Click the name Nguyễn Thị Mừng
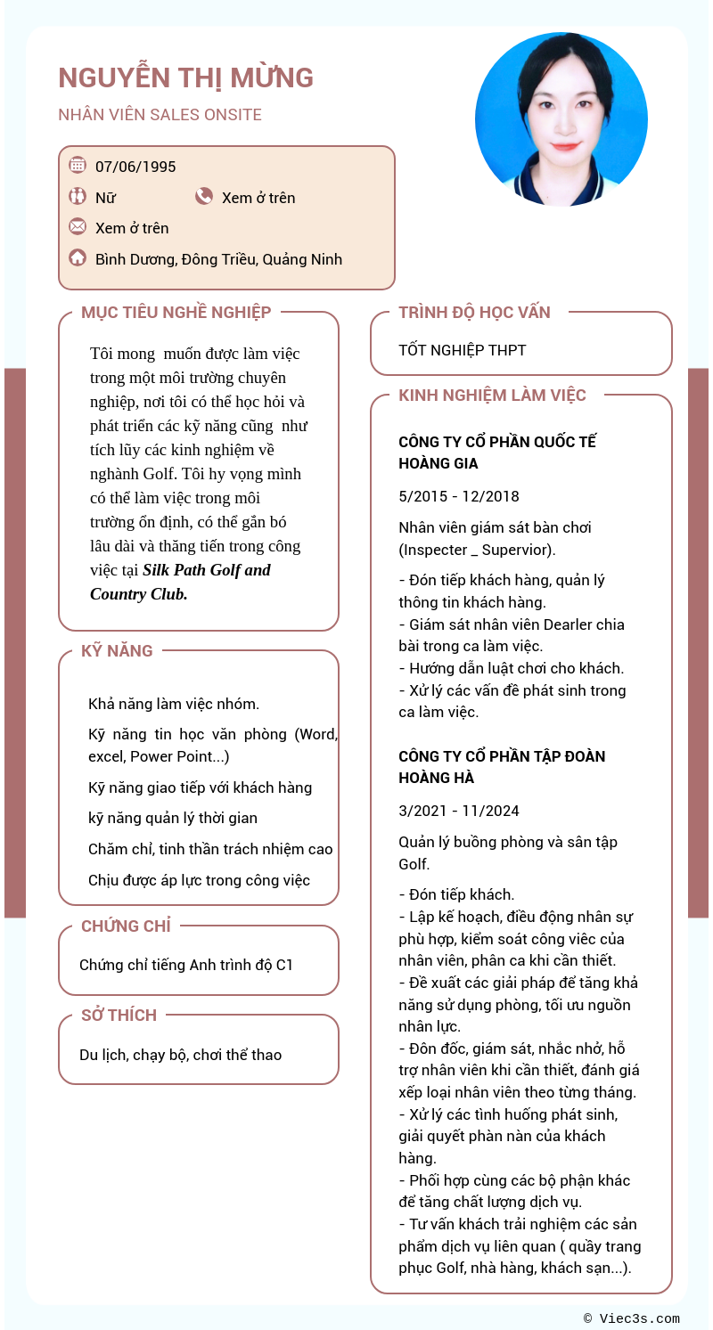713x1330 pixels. click(185, 78)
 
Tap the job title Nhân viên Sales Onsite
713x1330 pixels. click(160, 115)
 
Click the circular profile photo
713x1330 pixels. click(561, 119)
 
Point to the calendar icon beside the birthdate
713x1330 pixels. click(78, 165)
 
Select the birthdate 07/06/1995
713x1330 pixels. click(135, 167)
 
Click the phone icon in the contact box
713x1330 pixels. click(204, 196)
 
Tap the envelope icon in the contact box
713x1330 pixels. click(78, 226)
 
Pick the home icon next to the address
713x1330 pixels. click(78, 258)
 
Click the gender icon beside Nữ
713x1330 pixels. click(78, 196)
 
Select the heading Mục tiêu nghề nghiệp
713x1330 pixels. click(176, 312)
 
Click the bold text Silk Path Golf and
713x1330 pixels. click(207, 570)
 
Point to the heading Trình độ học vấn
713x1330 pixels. click(474, 312)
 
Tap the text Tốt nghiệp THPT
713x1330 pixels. click(462, 350)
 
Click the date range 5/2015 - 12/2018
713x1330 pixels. click(458, 496)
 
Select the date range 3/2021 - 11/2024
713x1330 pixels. click(458, 811)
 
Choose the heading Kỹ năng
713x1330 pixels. click(117, 650)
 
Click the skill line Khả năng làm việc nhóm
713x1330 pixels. click(174, 704)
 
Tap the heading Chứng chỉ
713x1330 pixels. click(126, 926)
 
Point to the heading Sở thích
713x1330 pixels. click(119, 1015)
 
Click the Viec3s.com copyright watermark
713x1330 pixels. click(632, 1318)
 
